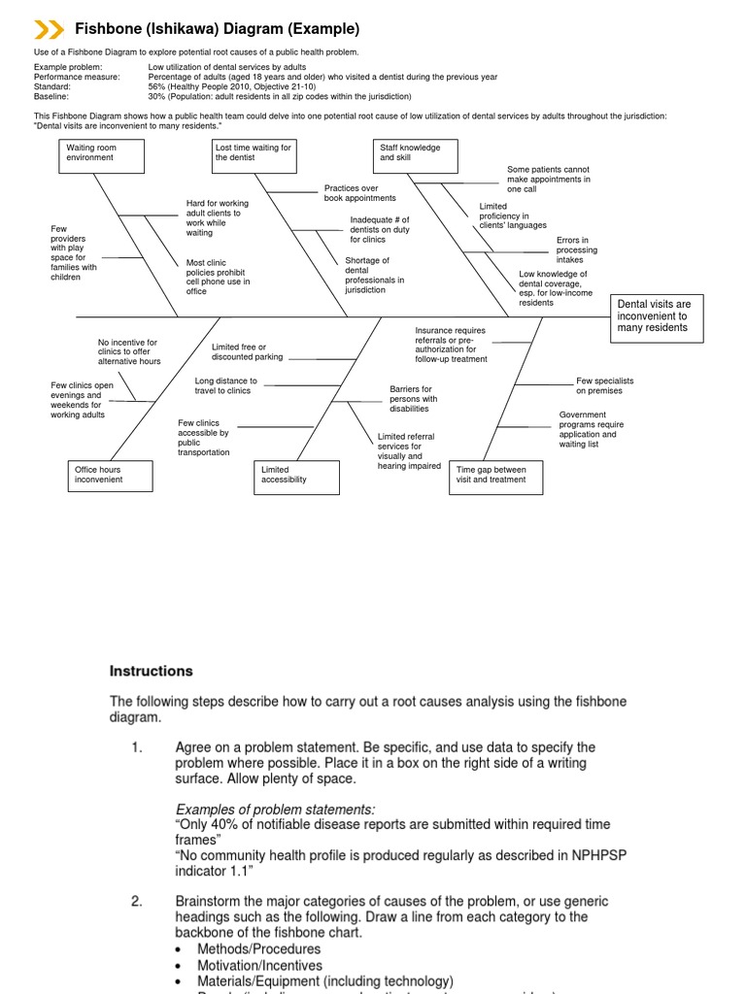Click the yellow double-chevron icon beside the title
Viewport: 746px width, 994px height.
49,29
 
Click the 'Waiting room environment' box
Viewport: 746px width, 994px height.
101,155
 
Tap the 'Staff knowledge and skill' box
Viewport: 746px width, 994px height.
416,155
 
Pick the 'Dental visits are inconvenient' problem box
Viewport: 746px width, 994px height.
656,316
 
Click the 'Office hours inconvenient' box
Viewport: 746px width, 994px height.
111,475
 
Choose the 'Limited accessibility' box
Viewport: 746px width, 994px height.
297,477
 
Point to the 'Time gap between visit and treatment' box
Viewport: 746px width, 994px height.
495,477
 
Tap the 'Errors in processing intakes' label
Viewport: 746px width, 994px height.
576,250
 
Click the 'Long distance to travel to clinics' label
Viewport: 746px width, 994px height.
226,385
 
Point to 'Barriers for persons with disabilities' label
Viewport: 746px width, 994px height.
414,399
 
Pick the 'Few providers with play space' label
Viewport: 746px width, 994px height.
74,252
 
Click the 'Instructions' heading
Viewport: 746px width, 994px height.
151,671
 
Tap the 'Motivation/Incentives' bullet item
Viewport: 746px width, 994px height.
259,965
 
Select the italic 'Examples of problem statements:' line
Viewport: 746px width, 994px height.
275,810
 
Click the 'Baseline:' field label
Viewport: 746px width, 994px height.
52,97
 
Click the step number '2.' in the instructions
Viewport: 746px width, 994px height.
137,901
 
